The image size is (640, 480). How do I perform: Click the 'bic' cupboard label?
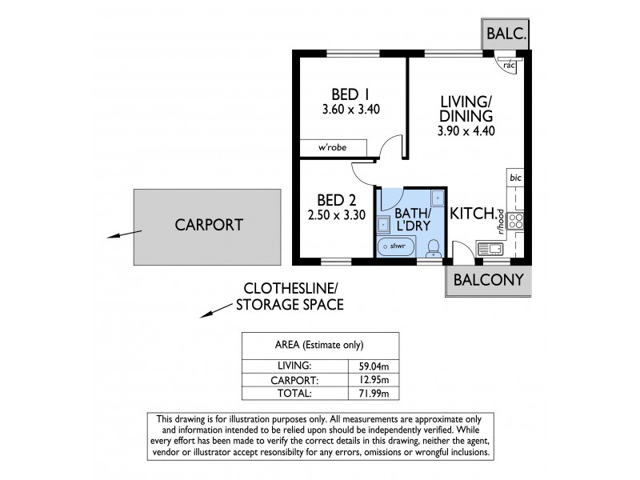[516, 177]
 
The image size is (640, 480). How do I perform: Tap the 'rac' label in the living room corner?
[509, 65]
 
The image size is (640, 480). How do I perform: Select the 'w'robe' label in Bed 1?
[332, 147]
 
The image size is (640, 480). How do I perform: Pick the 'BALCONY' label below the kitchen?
[488, 280]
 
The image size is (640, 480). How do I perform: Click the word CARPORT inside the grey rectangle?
[208, 225]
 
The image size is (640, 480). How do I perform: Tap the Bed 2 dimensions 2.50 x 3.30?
[335, 214]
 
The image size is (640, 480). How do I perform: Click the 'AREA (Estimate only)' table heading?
[319, 346]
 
